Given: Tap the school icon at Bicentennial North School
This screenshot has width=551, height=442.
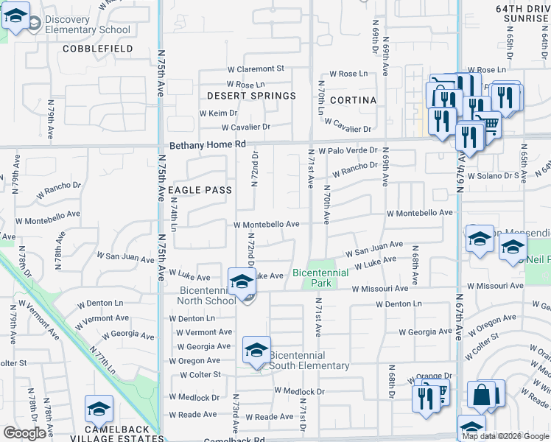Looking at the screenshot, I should click(x=242, y=281).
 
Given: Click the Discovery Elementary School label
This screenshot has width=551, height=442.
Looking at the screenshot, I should click(x=87, y=24).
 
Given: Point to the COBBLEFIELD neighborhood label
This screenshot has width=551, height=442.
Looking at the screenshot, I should click(x=98, y=49).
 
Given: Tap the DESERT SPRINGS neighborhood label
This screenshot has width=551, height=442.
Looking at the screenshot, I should click(x=251, y=96).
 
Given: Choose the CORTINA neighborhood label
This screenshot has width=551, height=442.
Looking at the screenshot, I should click(x=353, y=100).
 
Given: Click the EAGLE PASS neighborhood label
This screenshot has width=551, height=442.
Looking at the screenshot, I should click(x=200, y=190).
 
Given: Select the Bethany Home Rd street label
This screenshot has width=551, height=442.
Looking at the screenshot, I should click(x=207, y=145).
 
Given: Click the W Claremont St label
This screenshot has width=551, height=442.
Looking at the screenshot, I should click(x=255, y=69).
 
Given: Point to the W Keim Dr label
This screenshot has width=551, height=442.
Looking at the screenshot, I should click(x=219, y=113).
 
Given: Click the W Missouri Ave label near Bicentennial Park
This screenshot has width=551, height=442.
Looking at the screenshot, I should click(x=379, y=289).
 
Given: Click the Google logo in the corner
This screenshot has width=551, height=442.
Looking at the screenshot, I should click(x=24, y=433).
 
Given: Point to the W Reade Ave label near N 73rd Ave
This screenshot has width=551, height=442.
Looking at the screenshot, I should click(x=270, y=417).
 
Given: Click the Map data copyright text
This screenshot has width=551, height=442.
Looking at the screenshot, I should click(x=505, y=435).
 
